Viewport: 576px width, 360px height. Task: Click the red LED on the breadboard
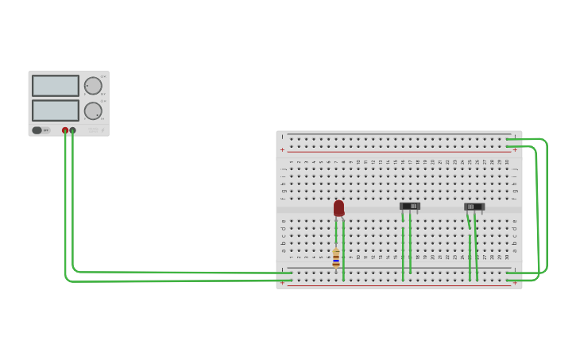339,207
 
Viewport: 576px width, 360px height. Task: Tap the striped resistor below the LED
336,257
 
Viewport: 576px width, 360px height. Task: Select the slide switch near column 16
410,206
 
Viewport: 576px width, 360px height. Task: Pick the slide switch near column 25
474,207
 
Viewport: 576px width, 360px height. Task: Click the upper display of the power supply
56,86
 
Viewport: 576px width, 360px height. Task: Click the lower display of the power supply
56,110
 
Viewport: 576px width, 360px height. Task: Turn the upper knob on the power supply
93,86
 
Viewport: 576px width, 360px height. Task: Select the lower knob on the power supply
93,110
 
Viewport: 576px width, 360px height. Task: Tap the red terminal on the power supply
65,130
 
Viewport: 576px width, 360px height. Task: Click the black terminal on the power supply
73,130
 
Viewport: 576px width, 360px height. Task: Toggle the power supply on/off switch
37,130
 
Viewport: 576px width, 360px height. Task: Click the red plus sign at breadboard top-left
282,149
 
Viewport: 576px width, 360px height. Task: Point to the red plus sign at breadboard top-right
515,149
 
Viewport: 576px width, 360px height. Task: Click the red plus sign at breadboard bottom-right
515,282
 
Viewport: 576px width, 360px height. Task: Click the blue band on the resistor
336,261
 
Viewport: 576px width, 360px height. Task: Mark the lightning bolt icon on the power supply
102,130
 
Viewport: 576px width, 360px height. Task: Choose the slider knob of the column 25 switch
470,207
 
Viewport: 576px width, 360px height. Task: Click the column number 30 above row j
507,162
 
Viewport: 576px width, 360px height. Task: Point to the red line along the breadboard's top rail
397,151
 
